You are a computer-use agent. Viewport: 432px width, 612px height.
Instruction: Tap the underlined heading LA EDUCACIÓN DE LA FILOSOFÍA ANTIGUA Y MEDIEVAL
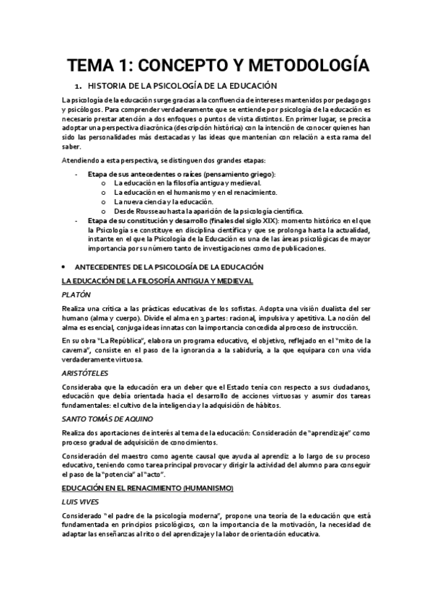click(x=157, y=280)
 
